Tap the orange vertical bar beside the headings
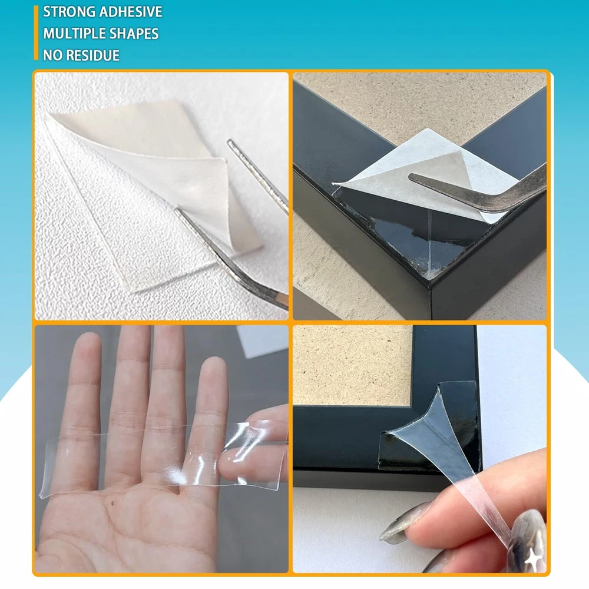[36, 32]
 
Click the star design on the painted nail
[532, 560]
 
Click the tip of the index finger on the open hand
[89, 340]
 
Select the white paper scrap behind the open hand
[263, 340]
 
